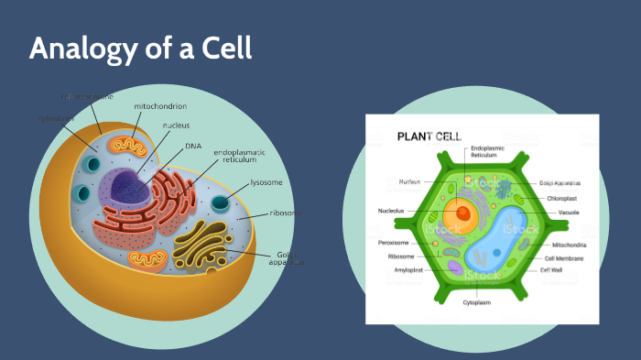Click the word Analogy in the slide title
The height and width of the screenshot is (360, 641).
click(x=75, y=49)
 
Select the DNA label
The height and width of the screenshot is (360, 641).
click(x=193, y=145)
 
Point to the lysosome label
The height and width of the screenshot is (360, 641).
click(x=267, y=182)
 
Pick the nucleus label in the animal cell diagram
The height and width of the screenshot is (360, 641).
click(x=177, y=125)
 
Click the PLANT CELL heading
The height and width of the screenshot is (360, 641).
click(x=429, y=136)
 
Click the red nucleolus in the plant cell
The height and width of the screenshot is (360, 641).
click(x=463, y=214)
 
